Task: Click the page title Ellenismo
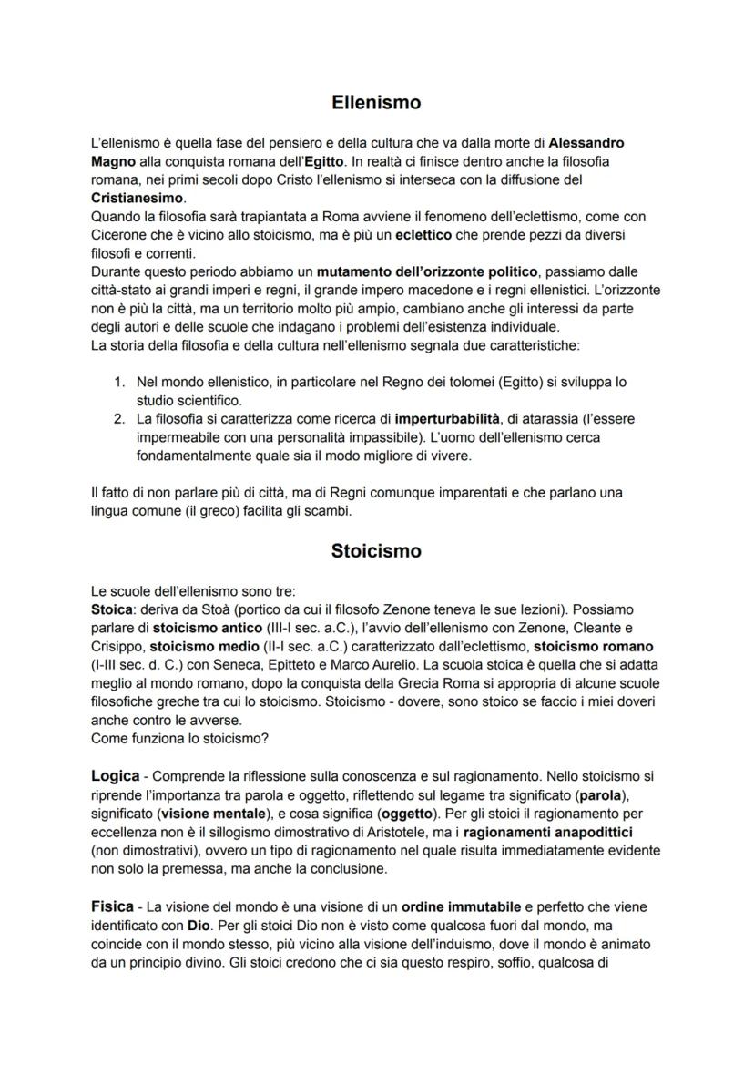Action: [x=376, y=103]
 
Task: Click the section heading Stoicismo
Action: [x=376, y=551]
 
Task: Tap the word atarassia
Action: [x=544, y=418]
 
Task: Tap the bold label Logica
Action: [x=115, y=775]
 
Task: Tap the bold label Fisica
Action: [x=112, y=906]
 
